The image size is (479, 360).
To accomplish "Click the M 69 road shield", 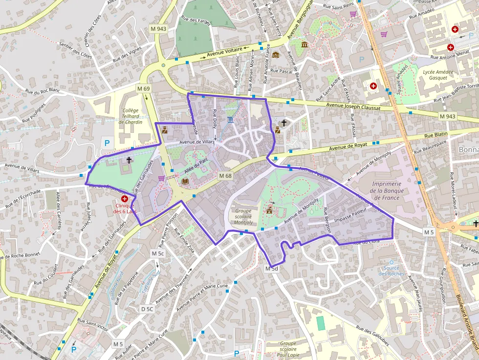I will [x=143, y=89].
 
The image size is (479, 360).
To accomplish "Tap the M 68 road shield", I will [x=225, y=176].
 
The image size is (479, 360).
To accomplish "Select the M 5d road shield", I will [x=271, y=269].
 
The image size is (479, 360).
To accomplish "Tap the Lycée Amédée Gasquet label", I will [x=438, y=75].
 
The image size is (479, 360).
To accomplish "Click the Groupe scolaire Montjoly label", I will [x=243, y=216].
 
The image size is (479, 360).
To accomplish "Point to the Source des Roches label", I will [x=392, y=271].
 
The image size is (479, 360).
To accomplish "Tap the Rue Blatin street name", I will [x=436, y=135].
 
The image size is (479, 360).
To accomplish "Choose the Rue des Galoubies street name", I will [x=372, y=336].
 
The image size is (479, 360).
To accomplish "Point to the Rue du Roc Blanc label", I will [x=43, y=91].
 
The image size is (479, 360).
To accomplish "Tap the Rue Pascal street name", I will [x=281, y=71].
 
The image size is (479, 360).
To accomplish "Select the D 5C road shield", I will [x=147, y=309].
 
